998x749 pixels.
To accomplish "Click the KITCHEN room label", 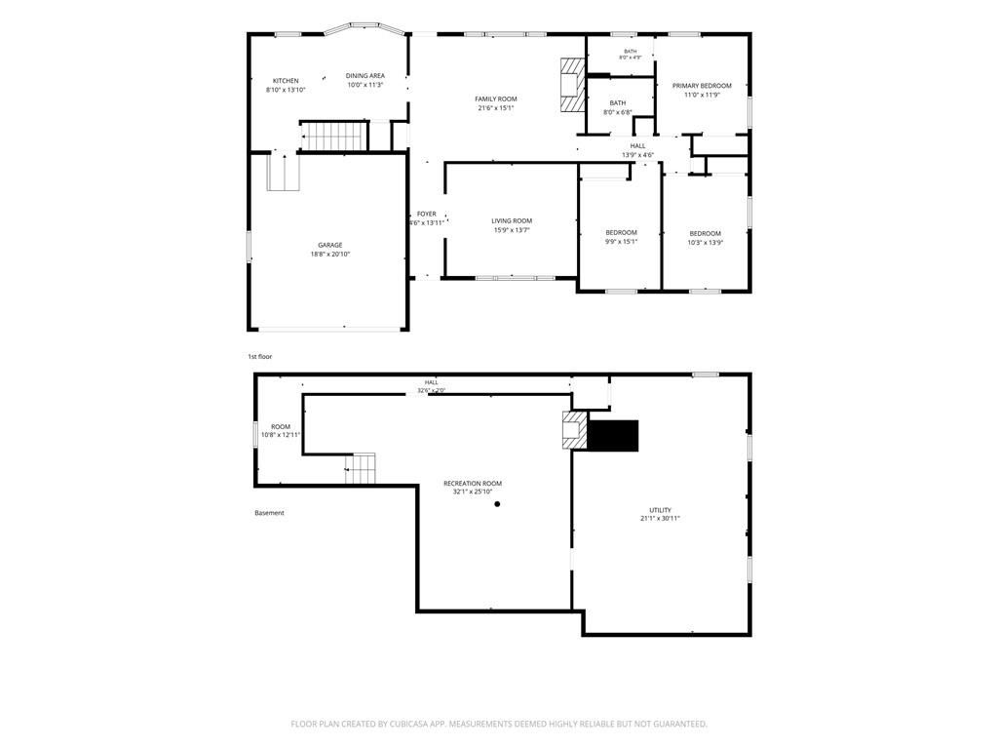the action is click(286, 81).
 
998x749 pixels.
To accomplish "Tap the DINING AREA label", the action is click(365, 76).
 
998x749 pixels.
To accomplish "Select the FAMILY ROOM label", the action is click(496, 99).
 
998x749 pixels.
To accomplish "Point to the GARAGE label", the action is click(330, 245).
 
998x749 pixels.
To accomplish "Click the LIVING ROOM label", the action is click(512, 221).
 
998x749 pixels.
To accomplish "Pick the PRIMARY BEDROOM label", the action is click(702, 86).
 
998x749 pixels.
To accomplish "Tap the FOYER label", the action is click(427, 214).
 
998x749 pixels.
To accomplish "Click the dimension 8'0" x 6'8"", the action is click(617, 113).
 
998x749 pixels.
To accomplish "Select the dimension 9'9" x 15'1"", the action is click(621, 242).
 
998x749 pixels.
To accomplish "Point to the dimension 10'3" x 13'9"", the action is click(706, 243).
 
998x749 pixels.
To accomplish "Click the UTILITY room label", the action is click(660, 510).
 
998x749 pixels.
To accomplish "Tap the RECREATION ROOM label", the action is click(473, 484).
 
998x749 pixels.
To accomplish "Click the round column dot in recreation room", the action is click(497, 504).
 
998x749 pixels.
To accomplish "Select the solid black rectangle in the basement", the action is click(612, 436).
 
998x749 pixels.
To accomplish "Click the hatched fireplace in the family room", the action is click(573, 85).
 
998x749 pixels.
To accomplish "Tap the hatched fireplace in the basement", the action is click(575, 430).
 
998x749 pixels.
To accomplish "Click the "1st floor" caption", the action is click(259, 357).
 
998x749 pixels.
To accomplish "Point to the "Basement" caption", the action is click(269, 513).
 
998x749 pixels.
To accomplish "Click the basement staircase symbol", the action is click(361, 469).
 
